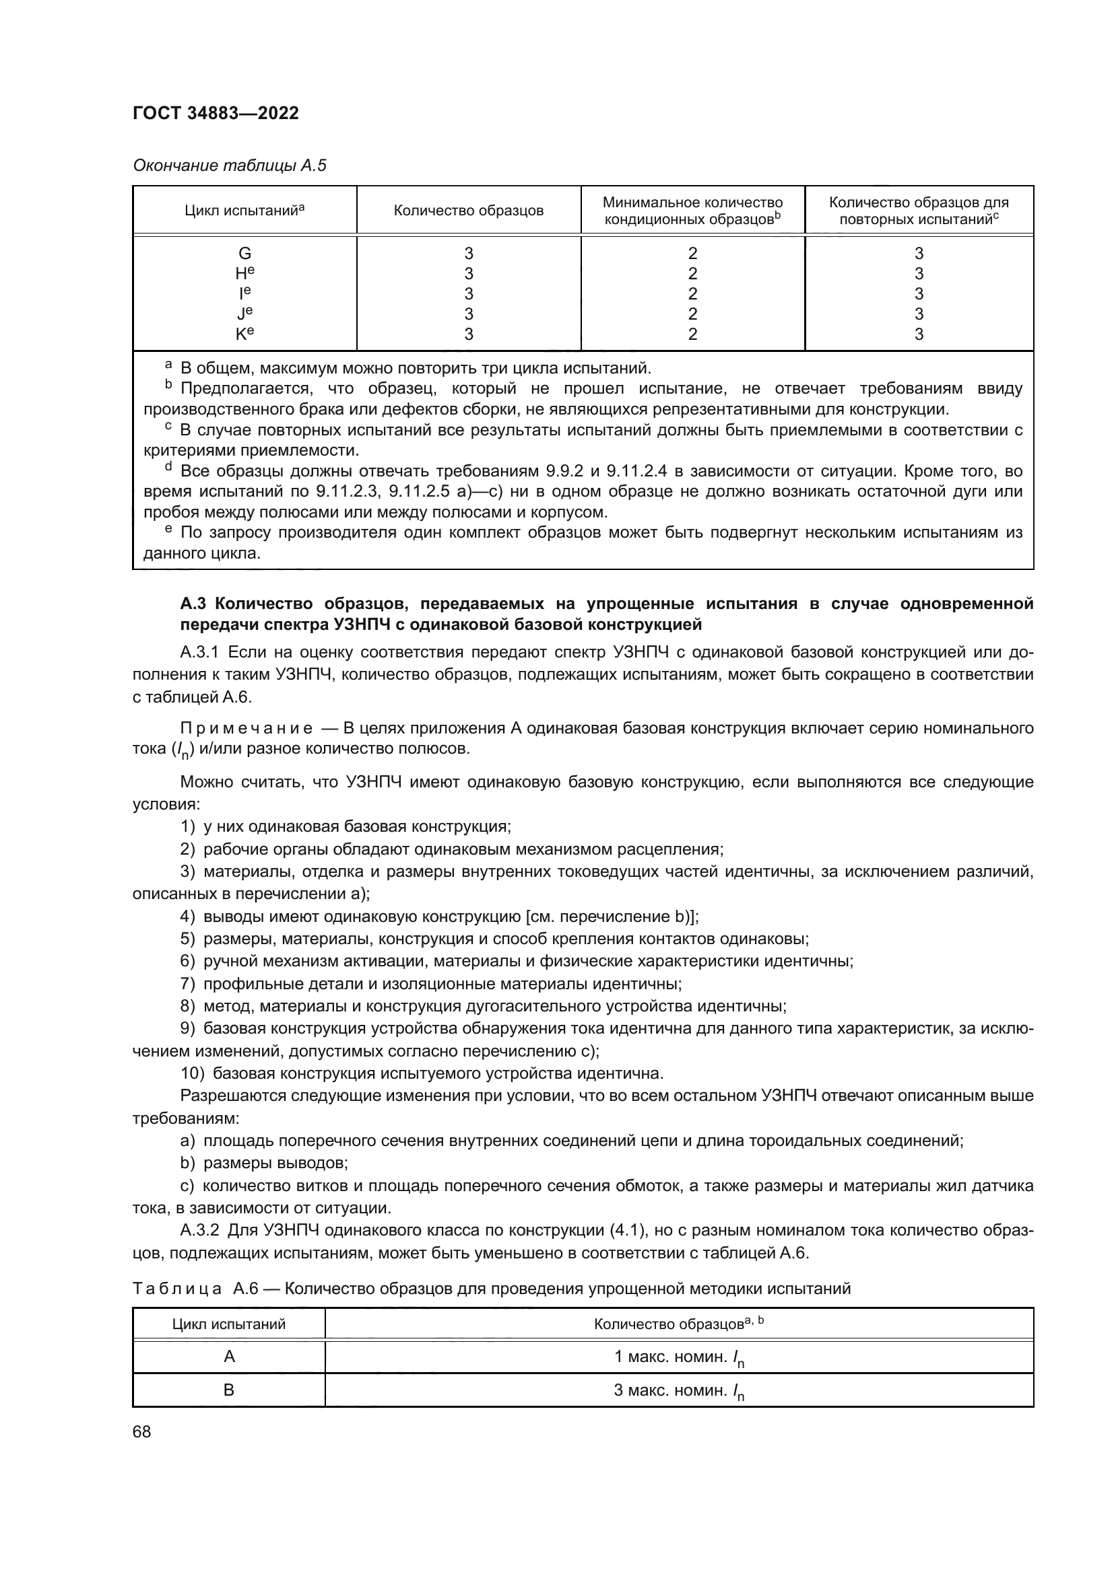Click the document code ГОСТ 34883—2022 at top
click(x=216, y=113)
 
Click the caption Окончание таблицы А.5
click(x=229, y=166)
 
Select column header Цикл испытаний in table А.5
click(x=244, y=211)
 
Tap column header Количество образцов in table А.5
click(x=469, y=211)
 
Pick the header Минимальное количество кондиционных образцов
click(x=692, y=211)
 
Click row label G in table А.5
click(x=244, y=254)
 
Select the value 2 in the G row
click(x=692, y=254)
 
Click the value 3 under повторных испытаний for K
click(x=919, y=334)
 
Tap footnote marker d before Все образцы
click(x=168, y=468)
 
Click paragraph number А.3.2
click(x=199, y=1231)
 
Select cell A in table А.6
click(x=229, y=1356)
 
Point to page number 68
click(x=142, y=1431)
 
